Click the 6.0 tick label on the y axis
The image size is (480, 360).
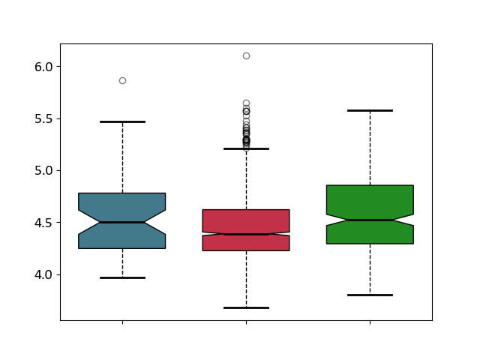point(43,67)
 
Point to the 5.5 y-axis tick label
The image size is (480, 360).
point(43,119)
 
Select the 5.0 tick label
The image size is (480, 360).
point(43,171)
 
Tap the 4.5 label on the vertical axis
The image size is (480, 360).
point(43,223)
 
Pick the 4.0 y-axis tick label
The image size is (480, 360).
point(43,275)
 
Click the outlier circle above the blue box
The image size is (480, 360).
point(122,81)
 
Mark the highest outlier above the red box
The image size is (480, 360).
point(247,56)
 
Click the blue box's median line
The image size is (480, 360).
point(122,222)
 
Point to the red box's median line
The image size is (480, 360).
point(247,235)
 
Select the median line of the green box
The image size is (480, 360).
point(370,220)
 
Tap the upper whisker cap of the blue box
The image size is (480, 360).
point(122,121)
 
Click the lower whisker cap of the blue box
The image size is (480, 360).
point(122,278)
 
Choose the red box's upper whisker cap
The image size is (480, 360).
point(247,148)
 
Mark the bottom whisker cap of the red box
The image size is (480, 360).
point(247,307)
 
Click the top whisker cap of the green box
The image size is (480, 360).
point(370,110)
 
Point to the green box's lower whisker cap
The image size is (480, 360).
point(370,295)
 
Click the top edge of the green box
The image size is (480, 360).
point(370,185)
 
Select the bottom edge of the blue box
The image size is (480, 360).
point(121,248)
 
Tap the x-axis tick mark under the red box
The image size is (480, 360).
point(247,322)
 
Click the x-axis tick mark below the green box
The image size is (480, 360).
point(370,322)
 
